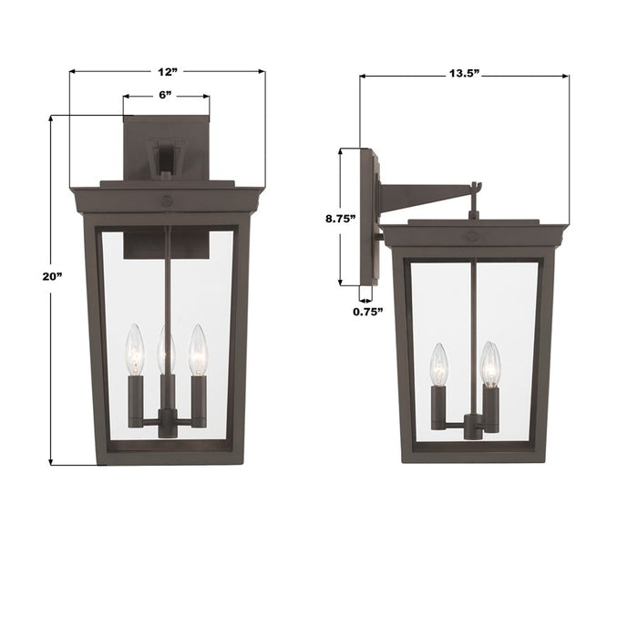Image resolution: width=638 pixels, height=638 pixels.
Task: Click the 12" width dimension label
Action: [x=167, y=71]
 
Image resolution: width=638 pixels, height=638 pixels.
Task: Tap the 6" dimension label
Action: [x=166, y=95]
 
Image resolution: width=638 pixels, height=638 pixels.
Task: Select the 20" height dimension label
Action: [x=31, y=276]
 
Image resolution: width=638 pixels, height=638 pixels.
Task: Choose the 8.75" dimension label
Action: [x=339, y=218]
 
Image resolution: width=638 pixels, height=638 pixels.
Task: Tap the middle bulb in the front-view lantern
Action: [x=166, y=348]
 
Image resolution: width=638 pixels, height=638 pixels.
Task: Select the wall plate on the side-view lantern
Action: [x=368, y=217]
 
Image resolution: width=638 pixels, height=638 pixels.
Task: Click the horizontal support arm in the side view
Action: [x=424, y=194]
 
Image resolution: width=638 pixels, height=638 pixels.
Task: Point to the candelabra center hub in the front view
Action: [x=166, y=421]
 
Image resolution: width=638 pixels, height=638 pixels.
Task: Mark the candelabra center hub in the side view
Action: [x=471, y=425]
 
